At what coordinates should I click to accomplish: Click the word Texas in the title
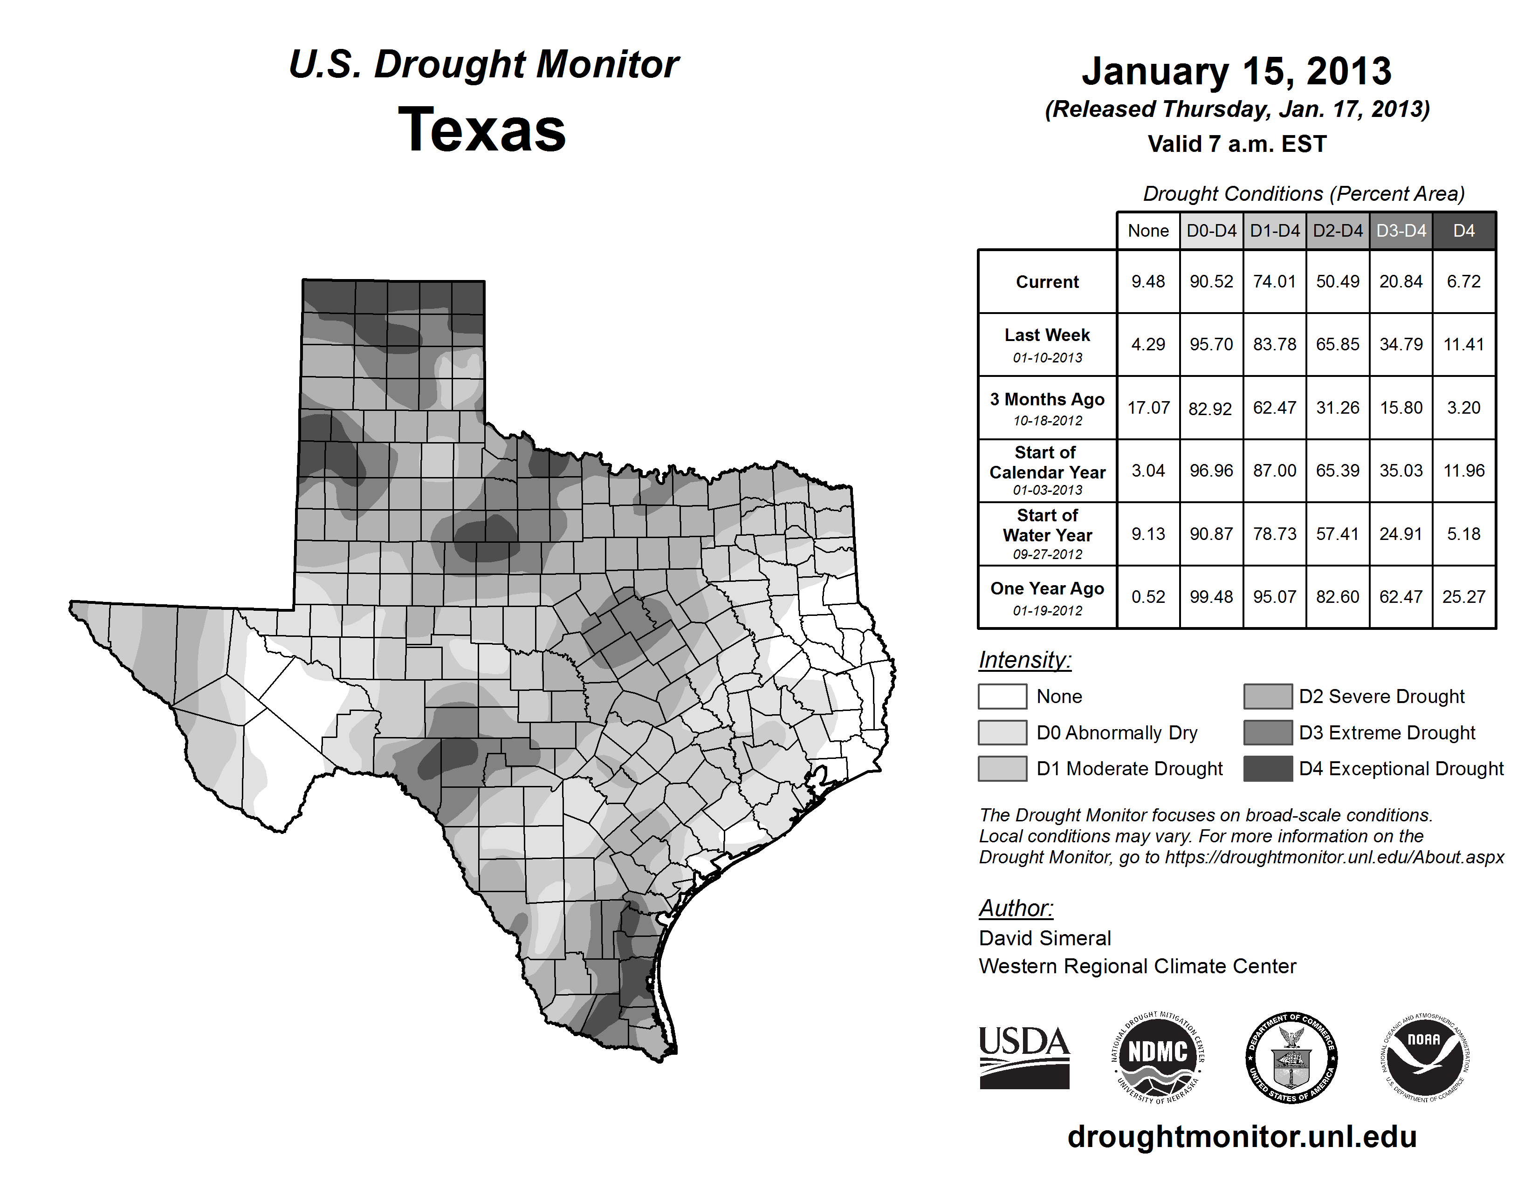[482, 130]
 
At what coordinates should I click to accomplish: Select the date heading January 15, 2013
[1236, 71]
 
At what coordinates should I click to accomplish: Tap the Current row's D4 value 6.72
[1463, 281]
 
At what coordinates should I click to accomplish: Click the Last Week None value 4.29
[1148, 344]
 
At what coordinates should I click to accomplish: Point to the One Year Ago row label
[1047, 597]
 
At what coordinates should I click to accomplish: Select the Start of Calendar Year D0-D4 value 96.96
[1211, 470]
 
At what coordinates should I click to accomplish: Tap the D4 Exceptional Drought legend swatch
[1268, 769]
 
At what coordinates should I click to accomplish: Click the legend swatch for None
[1002, 696]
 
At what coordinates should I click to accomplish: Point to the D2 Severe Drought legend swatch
[1268, 696]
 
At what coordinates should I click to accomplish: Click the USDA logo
[1024, 1057]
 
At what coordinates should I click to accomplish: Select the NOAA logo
[1424, 1057]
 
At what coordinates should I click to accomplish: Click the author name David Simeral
[1044, 938]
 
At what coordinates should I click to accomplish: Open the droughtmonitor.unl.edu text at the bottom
[1242, 1137]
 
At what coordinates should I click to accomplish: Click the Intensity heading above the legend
[1024, 660]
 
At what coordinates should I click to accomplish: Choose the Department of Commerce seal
[1291, 1057]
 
